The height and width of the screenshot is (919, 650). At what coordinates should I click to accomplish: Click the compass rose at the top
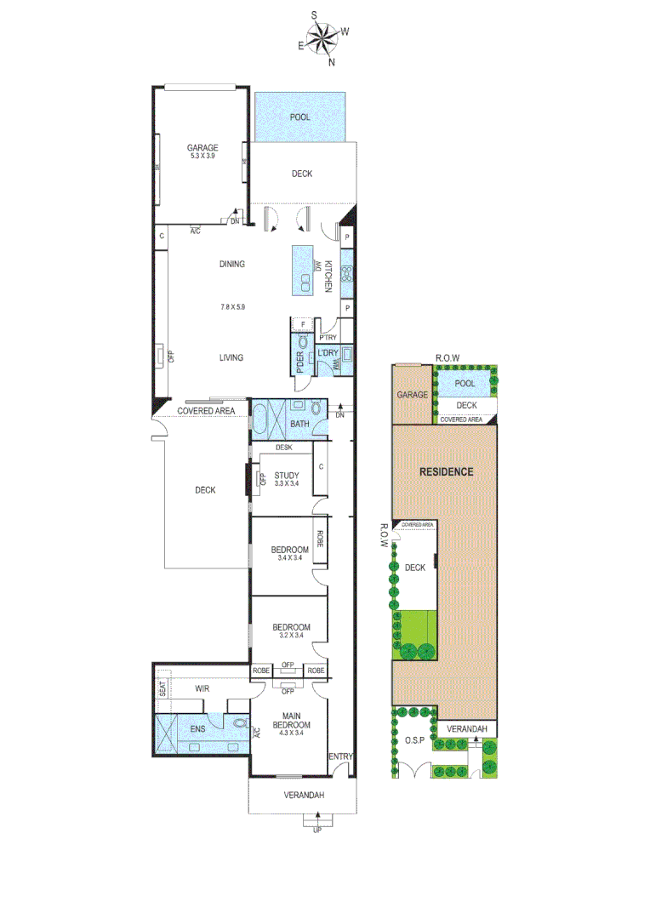point(323,39)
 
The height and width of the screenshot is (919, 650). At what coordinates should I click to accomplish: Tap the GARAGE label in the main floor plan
point(202,147)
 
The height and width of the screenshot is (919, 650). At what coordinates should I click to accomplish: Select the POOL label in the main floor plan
point(300,117)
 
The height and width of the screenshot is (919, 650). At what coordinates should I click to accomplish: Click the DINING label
point(231,264)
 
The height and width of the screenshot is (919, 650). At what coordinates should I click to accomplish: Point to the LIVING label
point(231,357)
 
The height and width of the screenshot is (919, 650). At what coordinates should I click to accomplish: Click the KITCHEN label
point(328,276)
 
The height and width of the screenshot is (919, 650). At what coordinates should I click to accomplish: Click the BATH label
point(299,423)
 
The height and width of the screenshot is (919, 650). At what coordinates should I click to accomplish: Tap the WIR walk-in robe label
point(202,688)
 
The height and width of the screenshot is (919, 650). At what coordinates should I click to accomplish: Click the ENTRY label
point(340,756)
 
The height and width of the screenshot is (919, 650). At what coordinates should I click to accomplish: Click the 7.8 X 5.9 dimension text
point(232,306)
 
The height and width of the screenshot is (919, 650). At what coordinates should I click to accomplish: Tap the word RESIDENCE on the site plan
point(446,471)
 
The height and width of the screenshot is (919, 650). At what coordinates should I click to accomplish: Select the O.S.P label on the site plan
point(414,739)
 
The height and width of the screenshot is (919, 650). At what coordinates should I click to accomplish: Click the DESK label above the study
point(283,448)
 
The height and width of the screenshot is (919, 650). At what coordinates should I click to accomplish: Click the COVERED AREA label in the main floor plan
point(205,411)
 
